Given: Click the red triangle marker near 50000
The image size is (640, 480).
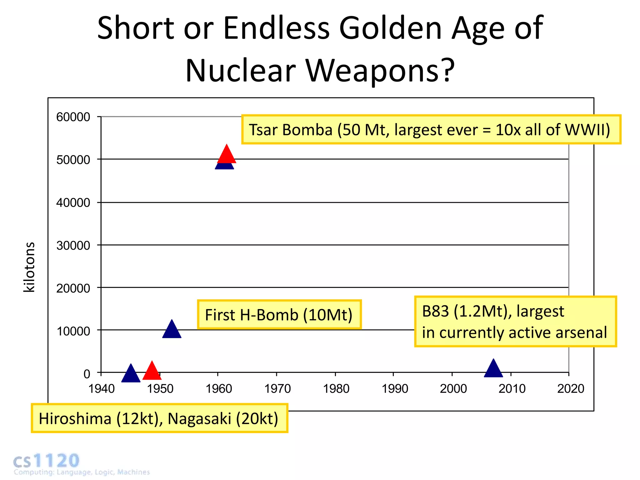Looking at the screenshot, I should point(227,154).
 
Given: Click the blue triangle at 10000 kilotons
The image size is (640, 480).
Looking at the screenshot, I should point(172,330).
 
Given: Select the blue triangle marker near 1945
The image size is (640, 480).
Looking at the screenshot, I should point(131,374).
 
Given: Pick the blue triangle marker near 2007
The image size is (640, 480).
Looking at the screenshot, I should point(493,369).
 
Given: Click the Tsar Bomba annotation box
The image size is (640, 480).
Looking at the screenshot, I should point(431,130).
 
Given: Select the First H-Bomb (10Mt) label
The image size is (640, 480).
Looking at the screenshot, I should point(279,315).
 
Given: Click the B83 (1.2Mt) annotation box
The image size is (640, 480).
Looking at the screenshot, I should point(515,322).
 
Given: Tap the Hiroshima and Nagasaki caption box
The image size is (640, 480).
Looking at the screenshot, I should point(159,418).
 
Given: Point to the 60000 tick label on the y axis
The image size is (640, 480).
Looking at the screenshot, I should point(73,117).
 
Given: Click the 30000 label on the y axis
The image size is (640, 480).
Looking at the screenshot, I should point(73,246).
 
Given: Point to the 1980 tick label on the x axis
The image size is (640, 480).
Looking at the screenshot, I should point(336,389).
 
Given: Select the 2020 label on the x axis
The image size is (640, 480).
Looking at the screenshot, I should point(570,389).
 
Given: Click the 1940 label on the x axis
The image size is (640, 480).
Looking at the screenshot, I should point(102,389).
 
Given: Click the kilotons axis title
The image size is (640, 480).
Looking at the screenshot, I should point(29,267).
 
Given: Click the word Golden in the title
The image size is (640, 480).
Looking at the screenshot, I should point(390,29).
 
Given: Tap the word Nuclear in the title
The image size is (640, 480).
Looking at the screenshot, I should point(241,71).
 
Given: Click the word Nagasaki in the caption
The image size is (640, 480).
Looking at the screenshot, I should point(199,419).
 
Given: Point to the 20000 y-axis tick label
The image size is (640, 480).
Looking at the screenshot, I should point(73,288).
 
